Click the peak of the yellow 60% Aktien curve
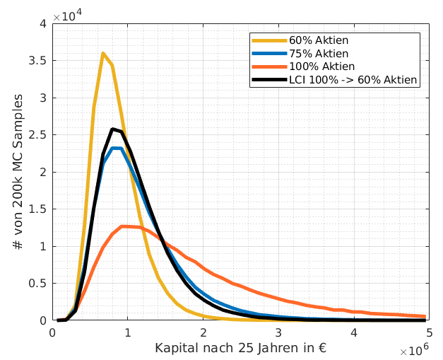point(103,53)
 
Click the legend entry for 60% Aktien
point(318,41)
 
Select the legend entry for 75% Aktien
point(318,54)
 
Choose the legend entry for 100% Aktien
point(321,66)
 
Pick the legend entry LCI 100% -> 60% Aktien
point(353,79)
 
